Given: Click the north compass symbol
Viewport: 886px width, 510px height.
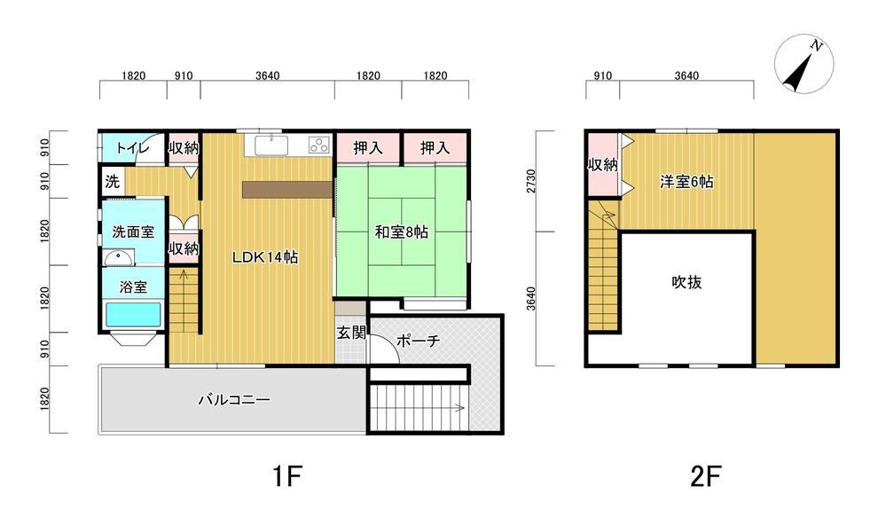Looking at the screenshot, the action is (x=804, y=63).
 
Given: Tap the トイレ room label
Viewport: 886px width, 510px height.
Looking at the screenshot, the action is (x=131, y=148).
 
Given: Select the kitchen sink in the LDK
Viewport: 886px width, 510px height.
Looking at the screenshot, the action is (x=271, y=145).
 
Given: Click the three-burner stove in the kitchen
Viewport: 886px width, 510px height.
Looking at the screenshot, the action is (x=318, y=145).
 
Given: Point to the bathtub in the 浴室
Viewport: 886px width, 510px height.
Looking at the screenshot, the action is (x=133, y=315).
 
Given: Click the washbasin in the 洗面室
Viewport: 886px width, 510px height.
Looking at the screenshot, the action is (x=119, y=257).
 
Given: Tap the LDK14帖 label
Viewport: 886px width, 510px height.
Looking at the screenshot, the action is (x=265, y=257).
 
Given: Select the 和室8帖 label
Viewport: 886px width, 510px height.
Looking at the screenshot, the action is (x=402, y=231).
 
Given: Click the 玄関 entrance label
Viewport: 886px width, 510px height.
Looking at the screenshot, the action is (x=351, y=333).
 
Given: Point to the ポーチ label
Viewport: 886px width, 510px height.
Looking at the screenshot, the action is (x=418, y=341).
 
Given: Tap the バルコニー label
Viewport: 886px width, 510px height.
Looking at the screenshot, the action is (x=234, y=400).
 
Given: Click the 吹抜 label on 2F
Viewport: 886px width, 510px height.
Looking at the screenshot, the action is (x=686, y=282).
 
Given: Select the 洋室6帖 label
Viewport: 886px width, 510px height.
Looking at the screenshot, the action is (x=686, y=181).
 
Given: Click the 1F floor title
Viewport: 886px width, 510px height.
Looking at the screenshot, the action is (x=287, y=476).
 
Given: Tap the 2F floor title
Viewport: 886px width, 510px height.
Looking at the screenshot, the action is (x=706, y=476).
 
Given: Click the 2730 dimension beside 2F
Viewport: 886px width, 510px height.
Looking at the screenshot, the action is (x=531, y=181).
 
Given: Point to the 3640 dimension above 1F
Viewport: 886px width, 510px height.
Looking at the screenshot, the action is (x=267, y=75).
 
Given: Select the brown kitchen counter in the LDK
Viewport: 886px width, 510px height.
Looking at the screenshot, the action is (x=287, y=190).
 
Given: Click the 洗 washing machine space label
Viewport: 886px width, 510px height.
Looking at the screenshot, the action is (x=112, y=181).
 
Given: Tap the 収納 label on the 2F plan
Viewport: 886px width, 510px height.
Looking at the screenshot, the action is (x=603, y=165).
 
